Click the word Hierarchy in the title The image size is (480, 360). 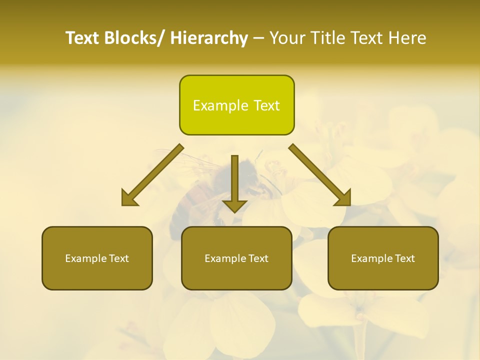click(x=209, y=38)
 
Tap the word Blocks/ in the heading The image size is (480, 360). click(x=133, y=38)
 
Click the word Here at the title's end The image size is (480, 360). click(x=405, y=38)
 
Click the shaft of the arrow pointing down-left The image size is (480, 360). click(x=159, y=169)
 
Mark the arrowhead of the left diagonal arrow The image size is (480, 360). click(x=129, y=198)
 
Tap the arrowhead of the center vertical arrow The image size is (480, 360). click(x=234, y=206)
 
